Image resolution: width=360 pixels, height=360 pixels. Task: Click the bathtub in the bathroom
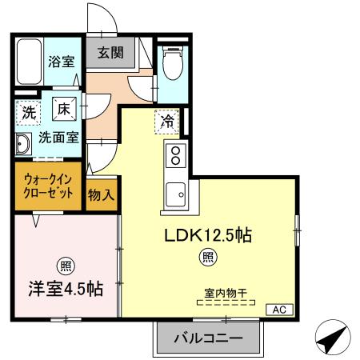(28, 63)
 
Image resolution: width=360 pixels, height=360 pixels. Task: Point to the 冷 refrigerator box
(168, 122)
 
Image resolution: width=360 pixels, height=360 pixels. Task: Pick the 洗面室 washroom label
(59, 136)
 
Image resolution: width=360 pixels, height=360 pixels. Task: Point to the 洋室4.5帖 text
(67, 289)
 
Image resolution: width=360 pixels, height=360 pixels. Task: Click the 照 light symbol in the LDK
(207, 257)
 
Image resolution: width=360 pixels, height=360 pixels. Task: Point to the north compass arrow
(331, 339)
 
